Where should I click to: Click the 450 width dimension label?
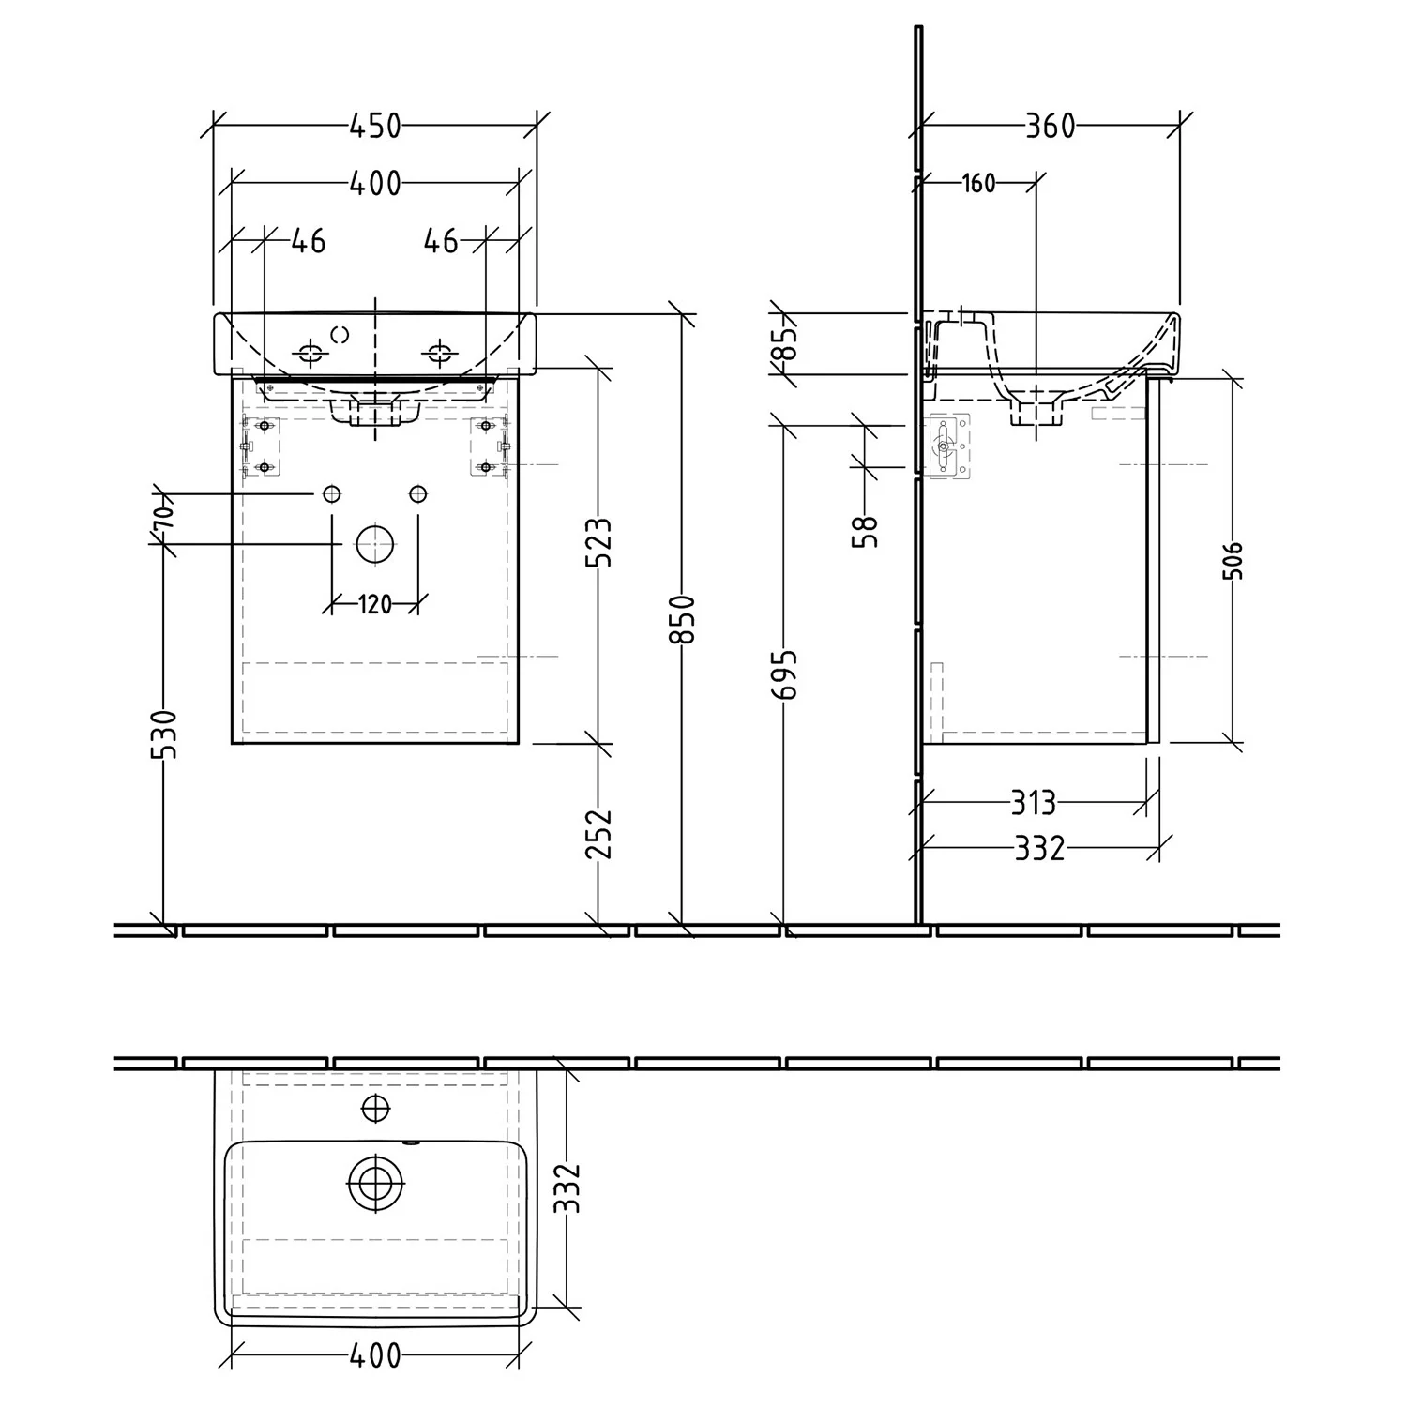click(375, 126)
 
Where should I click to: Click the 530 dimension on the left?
click(164, 734)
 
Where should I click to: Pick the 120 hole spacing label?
click(374, 605)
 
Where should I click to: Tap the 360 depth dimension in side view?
click(1050, 126)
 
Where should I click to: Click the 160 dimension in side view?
click(978, 183)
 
